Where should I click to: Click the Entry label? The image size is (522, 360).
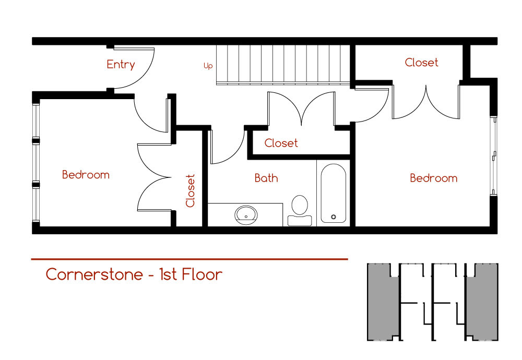pyautogui.click(x=121, y=64)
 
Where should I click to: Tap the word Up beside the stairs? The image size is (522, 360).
pyautogui.click(x=208, y=66)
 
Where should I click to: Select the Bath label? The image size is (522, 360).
pyautogui.click(x=266, y=178)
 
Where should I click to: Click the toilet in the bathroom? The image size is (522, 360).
pyautogui.click(x=300, y=210)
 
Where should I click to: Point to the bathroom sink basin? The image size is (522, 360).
pyautogui.click(x=246, y=215)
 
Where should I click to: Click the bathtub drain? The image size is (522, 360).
pyautogui.click(x=333, y=217)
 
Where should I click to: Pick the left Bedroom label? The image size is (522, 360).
pyautogui.click(x=86, y=175)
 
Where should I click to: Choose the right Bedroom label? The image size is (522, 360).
pyautogui.click(x=433, y=178)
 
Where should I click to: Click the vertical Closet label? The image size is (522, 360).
pyautogui.click(x=190, y=190)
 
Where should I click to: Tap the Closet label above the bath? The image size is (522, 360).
pyautogui.click(x=281, y=143)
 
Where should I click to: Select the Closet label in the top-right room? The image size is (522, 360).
pyautogui.click(x=421, y=62)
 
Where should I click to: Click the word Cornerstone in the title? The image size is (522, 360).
pyautogui.click(x=94, y=274)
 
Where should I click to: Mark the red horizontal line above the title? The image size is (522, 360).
pyautogui.click(x=189, y=259)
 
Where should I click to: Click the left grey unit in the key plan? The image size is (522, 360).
pyautogui.click(x=383, y=302)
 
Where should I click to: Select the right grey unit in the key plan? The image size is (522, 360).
pyautogui.click(x=482, y=302)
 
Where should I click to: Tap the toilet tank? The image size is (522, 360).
pyautogui.click(x=300, y=221)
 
